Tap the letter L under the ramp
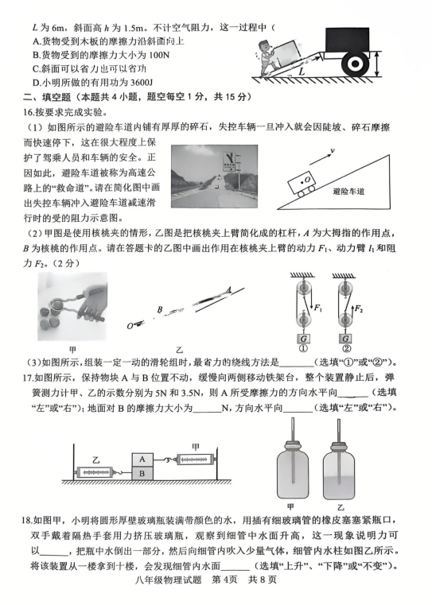click(x=302, y=71)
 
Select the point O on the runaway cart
click(x=306, y=180)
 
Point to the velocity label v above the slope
click(x=332, y=150)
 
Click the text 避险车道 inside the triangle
click(x=348, y=192)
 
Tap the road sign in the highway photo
click(x=229, y=161)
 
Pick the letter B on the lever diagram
click(x=160, y=308)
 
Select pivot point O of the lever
click(x=130, y=326)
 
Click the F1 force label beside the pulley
click(x=318, y=308)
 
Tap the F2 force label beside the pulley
click(x=359, y=308)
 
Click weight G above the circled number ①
click(x=303, y=339)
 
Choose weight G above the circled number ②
click(x=345, y=339)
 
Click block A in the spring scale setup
click(x=142, y=460)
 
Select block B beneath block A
click(x=142, y=473)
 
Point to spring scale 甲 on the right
click(x=195, y=460)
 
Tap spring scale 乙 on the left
click(x=95, y=472)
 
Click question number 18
click(x=26, y=520)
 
